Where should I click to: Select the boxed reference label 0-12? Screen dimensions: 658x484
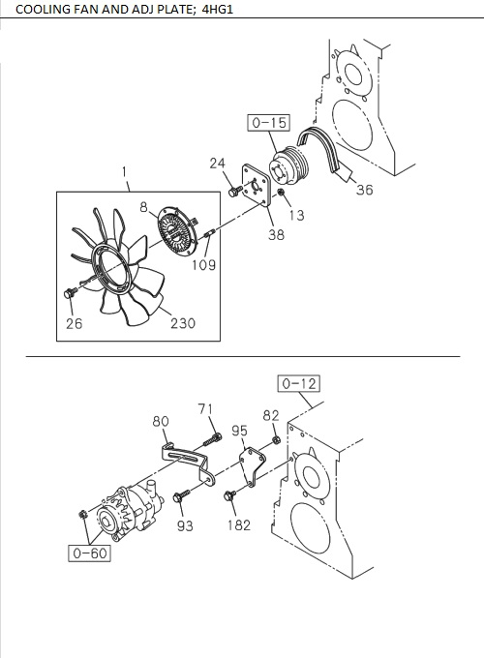pos(299,384)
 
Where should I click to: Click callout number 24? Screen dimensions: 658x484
pos(218,164)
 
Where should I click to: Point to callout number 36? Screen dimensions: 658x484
pos(364,191)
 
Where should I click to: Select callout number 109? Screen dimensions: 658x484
pos(202,263)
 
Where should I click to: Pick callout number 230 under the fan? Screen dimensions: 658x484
pos(182,323)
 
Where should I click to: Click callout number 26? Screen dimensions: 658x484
pos(74,323)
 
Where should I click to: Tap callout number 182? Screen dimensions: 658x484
pos(239,524)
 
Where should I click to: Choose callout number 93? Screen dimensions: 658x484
pos(185,525)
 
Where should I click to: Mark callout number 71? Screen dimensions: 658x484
pos(205,410)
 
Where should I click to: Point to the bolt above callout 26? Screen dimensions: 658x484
pos(69,292)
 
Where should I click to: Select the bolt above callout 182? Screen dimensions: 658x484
pos(230,496)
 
